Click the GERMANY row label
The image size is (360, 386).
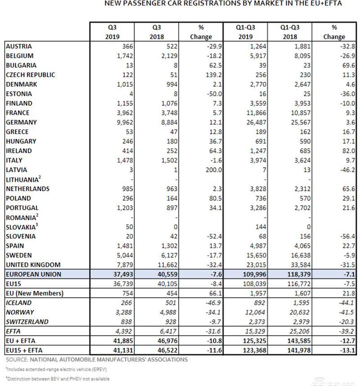[21, 122]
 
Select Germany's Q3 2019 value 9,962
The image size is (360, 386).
[125, 122]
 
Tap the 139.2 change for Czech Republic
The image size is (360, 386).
[213, 75]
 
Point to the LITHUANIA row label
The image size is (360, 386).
[23, 179]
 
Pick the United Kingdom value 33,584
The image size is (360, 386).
[301, 265]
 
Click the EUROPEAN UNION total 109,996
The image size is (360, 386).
[254, 274]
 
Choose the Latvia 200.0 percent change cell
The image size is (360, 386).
[213, 170]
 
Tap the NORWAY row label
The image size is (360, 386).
[20, 312]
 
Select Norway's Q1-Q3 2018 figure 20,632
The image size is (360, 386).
[299, 312]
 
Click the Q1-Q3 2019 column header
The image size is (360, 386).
[245, 32]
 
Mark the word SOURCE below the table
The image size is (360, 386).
[17, 359]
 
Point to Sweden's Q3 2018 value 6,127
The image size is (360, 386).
[169, 255]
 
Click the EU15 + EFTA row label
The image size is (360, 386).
[24, 350]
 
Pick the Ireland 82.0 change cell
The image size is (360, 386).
[348, 151]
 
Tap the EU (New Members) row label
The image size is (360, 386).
[35, 293]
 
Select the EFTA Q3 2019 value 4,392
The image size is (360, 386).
[124, 332]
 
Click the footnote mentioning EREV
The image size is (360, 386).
[56, 369]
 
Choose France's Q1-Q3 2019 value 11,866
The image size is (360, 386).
[256, 113]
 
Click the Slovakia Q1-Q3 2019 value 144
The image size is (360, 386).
[261, 227]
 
